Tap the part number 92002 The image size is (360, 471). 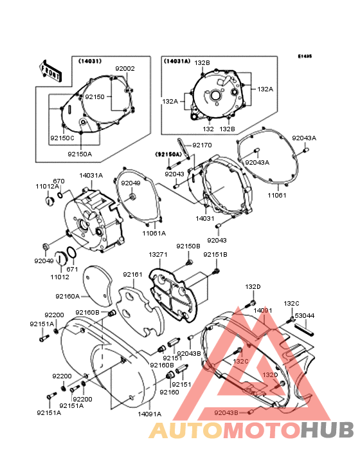pos(125,68)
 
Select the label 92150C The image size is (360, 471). pos(62,138)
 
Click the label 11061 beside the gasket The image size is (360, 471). pos(277,194)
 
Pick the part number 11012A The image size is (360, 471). pos(46,186)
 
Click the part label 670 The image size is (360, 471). pos(59,181)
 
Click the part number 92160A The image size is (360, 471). pos(67,297)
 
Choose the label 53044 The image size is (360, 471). pos(305,315)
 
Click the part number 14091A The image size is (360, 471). pos(150,414)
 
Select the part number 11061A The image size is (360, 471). pos(154,233)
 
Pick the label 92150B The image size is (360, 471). pos(188,246)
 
